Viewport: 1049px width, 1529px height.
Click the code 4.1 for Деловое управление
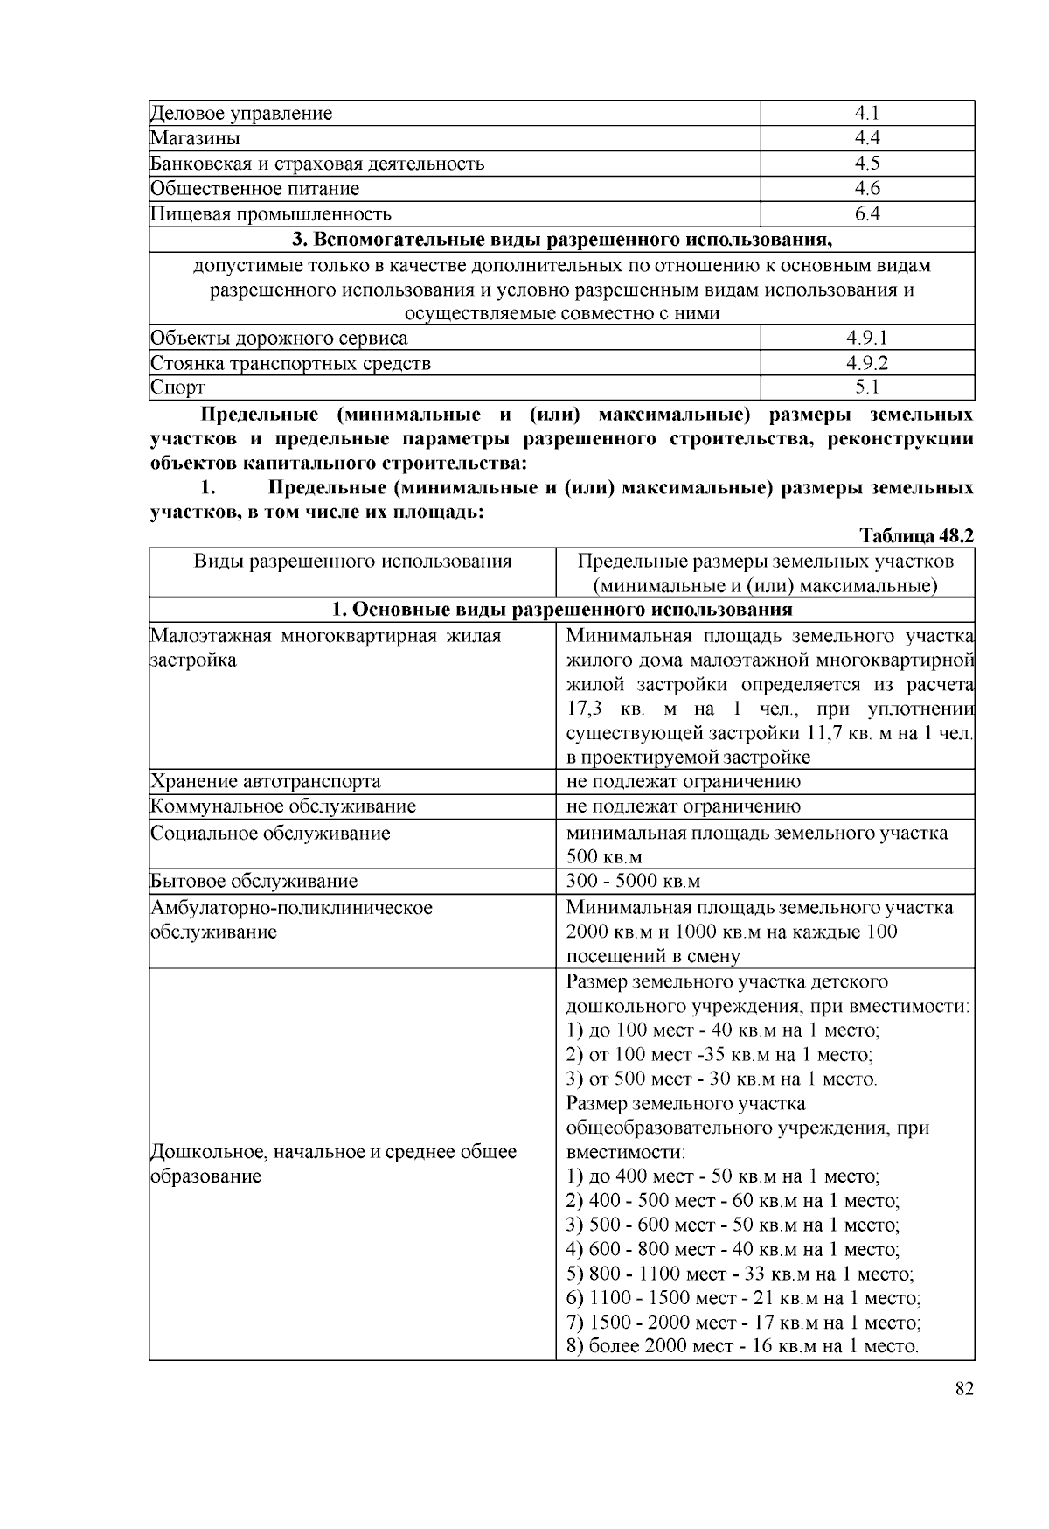tap(866, 113)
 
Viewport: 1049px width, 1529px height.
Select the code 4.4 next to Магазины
tap(866, 138)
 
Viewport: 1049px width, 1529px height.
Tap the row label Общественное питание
tap(254, 189)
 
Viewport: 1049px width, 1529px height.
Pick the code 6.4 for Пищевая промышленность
tap(866, 214)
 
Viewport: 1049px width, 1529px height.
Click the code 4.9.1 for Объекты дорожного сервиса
tap(866, 339)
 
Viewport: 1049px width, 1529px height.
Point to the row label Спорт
tap(177, 387)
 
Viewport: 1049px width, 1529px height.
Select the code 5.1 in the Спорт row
tap(866, 387)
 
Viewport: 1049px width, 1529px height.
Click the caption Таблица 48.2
tap(916, 536)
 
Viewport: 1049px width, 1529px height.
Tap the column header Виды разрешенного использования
tap(352, 562)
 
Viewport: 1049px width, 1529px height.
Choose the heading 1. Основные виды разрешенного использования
tap(561, 610)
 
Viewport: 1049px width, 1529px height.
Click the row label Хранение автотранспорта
tap(265, 782)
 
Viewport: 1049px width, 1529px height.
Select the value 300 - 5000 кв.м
tap(633, 882)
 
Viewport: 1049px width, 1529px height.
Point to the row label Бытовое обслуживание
tap(254, 882)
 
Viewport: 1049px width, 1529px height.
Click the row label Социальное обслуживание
tap(270, 833)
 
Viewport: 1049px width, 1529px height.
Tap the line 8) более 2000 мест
tap(742, 1347)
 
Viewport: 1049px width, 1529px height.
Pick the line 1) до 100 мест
tap(723, 1030)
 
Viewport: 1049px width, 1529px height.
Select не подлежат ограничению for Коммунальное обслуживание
tap(684, 806)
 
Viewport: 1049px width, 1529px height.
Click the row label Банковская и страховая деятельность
tap(316, 164)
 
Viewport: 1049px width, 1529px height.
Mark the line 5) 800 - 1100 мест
tap(740, 1274)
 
